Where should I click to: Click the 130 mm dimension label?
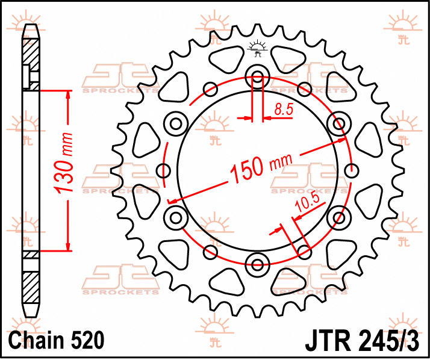(x=64, y=163)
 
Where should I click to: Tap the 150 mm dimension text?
(x=261, y=168)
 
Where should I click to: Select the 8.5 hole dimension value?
(x=284, y=109)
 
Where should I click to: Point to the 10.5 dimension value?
(x=308, y=203)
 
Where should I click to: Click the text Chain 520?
(x=57, y=340)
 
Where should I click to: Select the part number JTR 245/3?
(x=362, y=341)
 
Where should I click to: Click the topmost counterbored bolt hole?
(x=258, y=77)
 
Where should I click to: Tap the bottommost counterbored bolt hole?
(x=258, y=265)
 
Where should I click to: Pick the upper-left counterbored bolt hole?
(x=176, y=123)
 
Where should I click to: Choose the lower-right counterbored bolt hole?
(x=339, y=218)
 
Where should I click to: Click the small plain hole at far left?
(x=163, y=170)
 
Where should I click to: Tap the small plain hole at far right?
(x=352, y=171)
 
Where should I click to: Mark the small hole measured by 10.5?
(x=304, y=252)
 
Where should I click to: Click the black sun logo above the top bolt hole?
(x=257, y=48)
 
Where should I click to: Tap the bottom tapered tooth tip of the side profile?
(x=31, y=311)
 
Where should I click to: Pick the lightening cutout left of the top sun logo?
(x=226, y=59)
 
